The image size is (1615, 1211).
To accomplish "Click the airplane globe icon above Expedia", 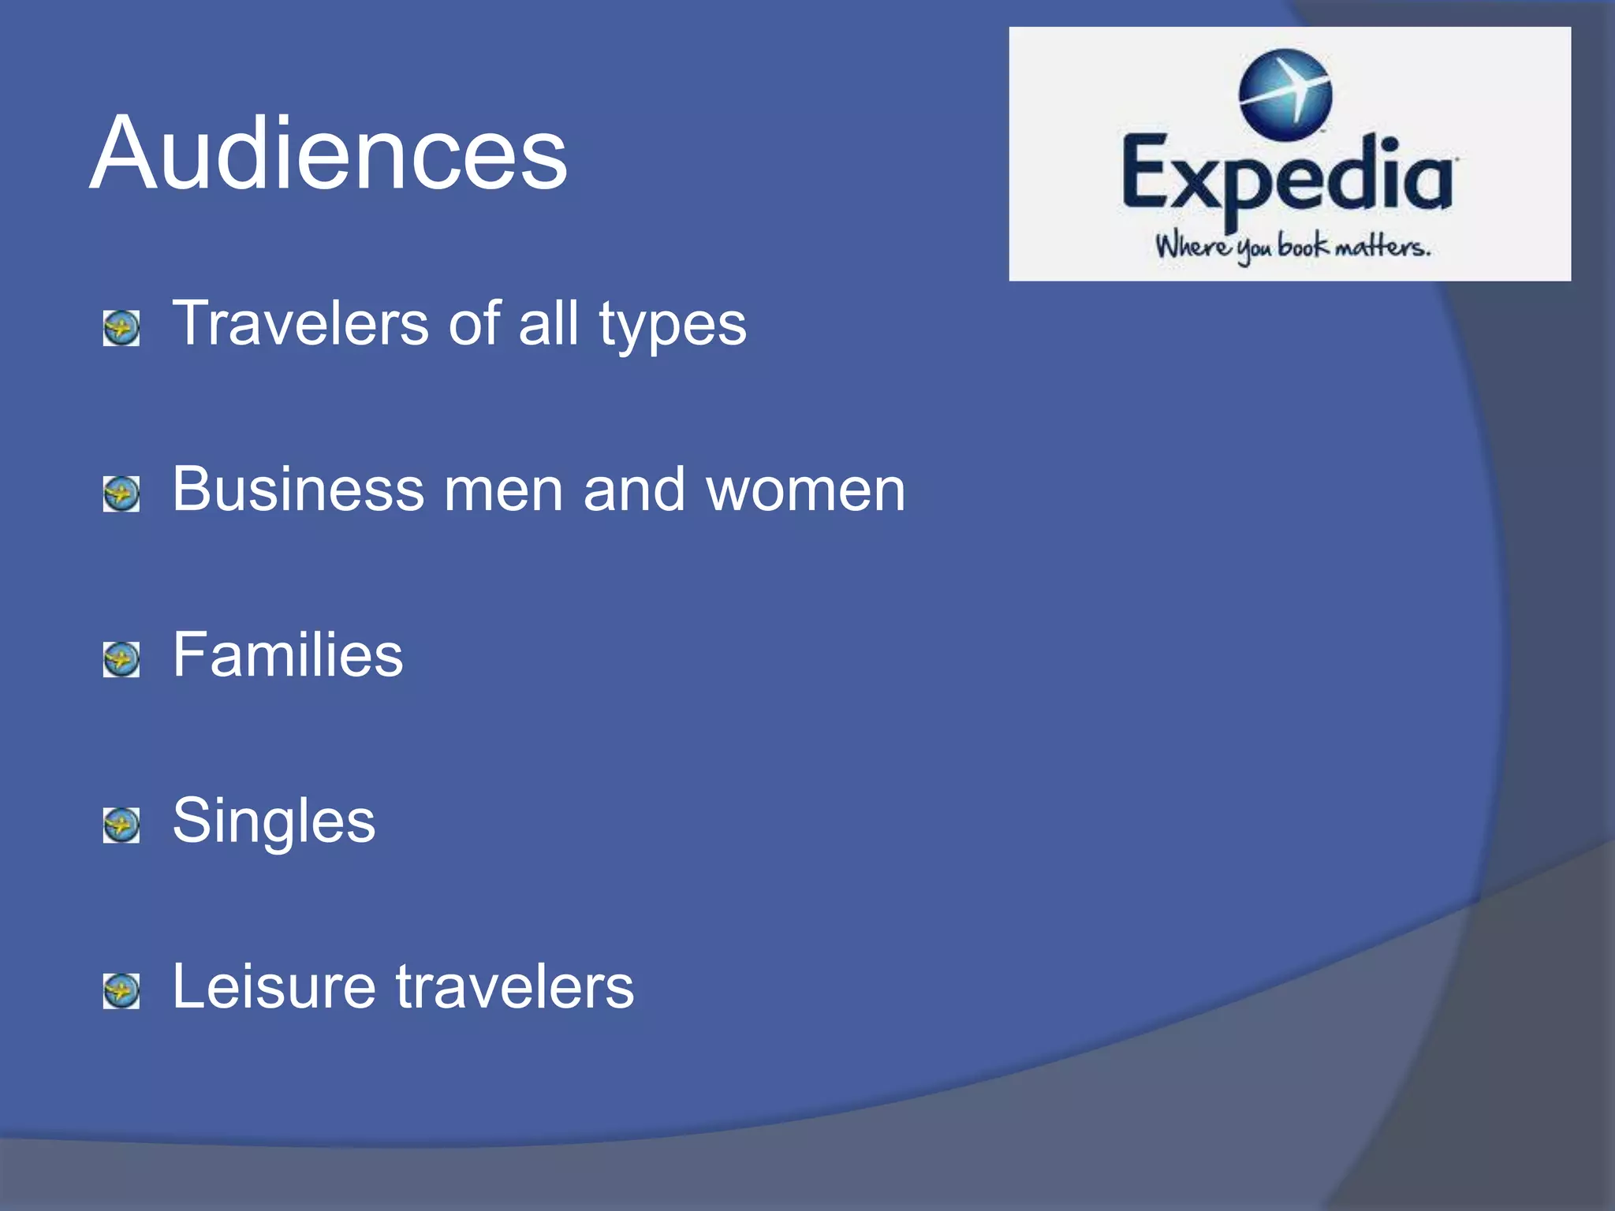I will coord(1285,93).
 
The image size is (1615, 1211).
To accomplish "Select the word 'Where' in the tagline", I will coord(1192,246).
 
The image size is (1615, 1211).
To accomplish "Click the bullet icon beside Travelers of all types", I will coord(121,328).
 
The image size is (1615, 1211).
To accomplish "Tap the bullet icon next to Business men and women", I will coord(121,494).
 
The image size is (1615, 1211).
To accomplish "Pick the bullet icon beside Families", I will coord(121,659).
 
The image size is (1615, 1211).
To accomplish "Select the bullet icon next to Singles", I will coord(121,825).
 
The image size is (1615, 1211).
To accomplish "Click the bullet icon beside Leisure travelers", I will coord(121,991).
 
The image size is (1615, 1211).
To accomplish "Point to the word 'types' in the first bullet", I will coord(672,325).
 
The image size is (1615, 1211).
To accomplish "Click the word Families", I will coord(288,654).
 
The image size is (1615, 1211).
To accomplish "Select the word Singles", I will coord(274,822).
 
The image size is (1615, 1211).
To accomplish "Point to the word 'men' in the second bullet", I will coord(503,490).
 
